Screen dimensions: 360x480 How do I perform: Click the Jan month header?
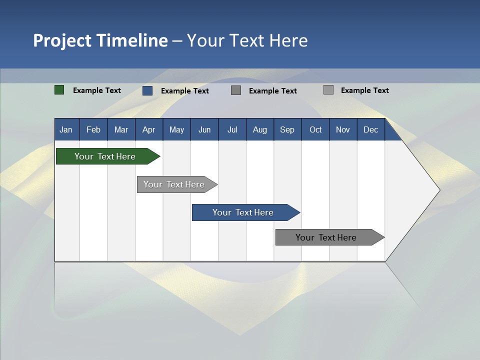point(66,129)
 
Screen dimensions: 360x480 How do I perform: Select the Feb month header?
point(93,129)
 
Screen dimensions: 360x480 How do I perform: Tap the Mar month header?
point(121,129)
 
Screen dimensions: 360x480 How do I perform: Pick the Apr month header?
point(149,129)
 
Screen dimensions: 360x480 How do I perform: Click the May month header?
point(176,129)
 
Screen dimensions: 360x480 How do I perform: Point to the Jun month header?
point(204,129)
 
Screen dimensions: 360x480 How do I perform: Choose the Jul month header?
point(232,129)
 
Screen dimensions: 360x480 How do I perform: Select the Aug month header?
point(260,129)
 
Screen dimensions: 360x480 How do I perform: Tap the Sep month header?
point(287,129)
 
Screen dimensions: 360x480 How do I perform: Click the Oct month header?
point(315,129)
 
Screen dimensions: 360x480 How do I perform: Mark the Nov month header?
point(343,129)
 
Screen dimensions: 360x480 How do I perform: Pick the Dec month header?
point(371,129)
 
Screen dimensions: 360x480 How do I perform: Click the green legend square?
point(59,90)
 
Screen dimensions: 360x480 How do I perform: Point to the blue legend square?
point(147,90)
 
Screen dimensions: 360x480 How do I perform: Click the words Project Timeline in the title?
point(100,40)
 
